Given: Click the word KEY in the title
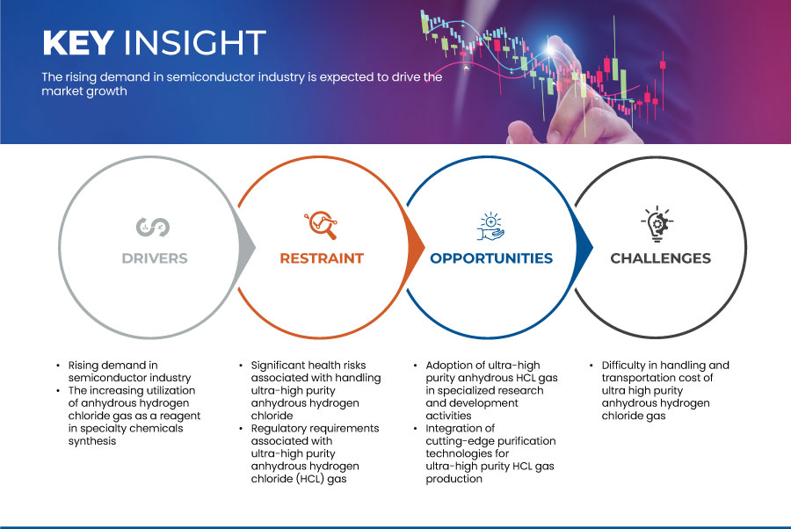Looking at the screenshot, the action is (x=78, y=42).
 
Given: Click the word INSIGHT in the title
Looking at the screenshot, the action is (x=195, y=42).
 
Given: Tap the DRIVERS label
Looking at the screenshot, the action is (x=155, y=258).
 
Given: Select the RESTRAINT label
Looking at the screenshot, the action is (x=322, y=258).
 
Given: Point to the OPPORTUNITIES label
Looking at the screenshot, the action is (x=491, y=258).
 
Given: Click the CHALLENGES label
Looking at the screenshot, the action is (x=660, y=258).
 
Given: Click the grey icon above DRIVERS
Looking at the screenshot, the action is (x=153, y=227).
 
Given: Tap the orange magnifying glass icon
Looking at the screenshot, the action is (x=321, y=225).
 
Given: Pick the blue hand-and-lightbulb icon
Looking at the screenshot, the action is (x=490, y=227).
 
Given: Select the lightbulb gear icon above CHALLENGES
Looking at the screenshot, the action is (x=657, y=224).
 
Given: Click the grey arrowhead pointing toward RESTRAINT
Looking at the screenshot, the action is (x=247, y=247).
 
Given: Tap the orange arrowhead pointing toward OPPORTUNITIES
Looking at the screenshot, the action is (x=416, y=247).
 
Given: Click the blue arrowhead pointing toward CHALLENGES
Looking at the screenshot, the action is (x=584, y=247).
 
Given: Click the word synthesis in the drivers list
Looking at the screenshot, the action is (x=92, y=441).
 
